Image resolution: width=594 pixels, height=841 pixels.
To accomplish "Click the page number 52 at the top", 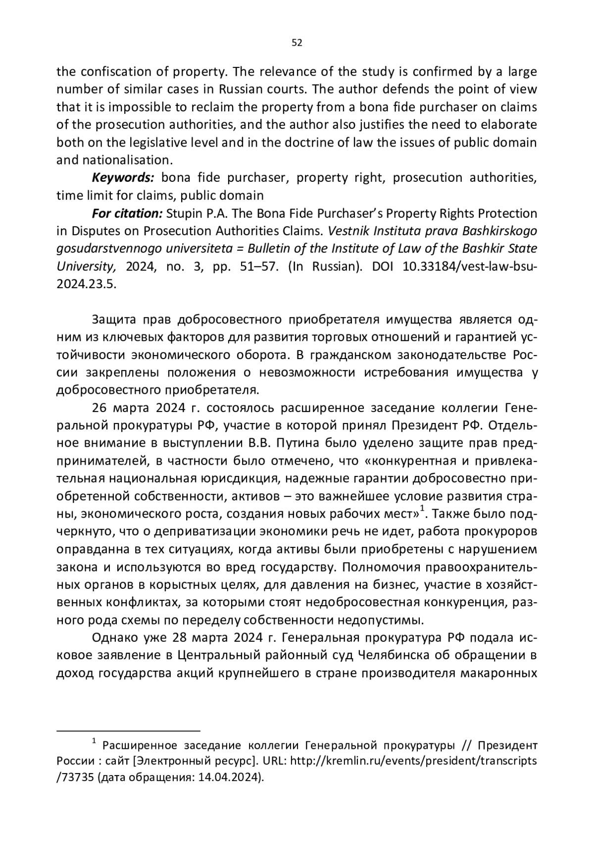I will (x=297, y=43).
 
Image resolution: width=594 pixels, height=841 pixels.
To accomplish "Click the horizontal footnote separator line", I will (x=128, y=731).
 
